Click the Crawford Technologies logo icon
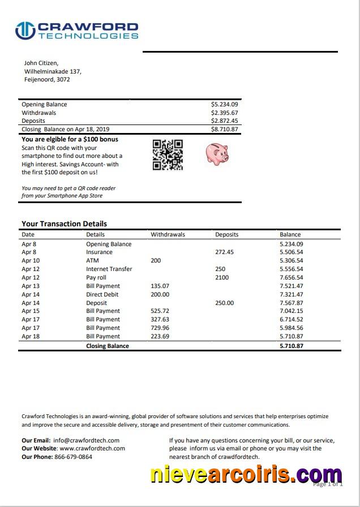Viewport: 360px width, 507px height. coord(25,31)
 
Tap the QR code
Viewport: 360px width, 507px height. coord(168,154)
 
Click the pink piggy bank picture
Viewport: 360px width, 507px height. coord(216,153)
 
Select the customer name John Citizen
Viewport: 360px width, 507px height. coord(41,63)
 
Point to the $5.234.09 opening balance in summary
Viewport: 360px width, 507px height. coord(224,105)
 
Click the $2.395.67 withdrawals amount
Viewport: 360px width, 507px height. coord(224,113)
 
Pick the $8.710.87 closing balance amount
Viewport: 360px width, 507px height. coord(224,129)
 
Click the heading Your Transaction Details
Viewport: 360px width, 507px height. coord(64,224)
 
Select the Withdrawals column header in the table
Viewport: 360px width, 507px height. coord(168,234)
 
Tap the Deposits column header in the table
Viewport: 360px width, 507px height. coord(226,234)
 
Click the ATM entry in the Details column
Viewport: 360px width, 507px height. coord(92,261)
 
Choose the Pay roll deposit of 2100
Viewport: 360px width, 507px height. coord(222,278)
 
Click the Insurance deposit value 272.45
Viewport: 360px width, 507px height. coord(224,252)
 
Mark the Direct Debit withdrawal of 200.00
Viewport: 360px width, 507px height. coord(160,295)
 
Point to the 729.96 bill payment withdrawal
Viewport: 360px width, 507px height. coord(160,328)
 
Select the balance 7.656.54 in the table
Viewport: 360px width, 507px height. coord(291,278)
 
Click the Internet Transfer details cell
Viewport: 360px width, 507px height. coord(109,269)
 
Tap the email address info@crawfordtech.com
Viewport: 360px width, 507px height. coord(86,440)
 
